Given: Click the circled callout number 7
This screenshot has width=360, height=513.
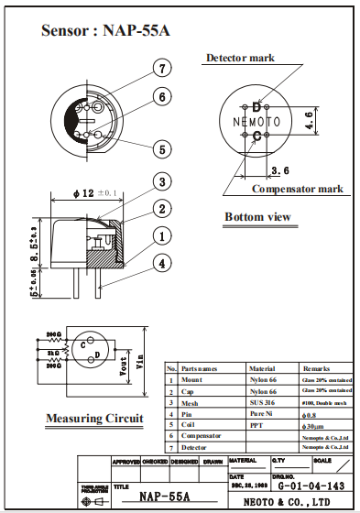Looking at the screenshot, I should (161, 69).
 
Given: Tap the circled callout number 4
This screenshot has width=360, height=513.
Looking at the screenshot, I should (161, 264).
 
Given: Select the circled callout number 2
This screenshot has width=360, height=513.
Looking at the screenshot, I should (161, 208).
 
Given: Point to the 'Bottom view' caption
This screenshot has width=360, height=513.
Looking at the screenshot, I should (257, 217).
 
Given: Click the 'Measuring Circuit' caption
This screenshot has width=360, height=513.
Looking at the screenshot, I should (94, 419).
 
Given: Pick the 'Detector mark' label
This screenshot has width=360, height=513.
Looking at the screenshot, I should (239, 58).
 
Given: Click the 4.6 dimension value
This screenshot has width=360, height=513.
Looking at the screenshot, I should (311, 120).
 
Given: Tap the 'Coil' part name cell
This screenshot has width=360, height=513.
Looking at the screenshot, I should (189, 424).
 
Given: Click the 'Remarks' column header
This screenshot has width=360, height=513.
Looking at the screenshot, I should (318, 366).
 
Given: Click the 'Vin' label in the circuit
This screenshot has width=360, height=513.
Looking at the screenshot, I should (140, 361).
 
